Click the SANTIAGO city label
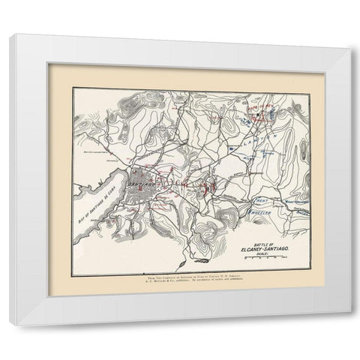142,181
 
